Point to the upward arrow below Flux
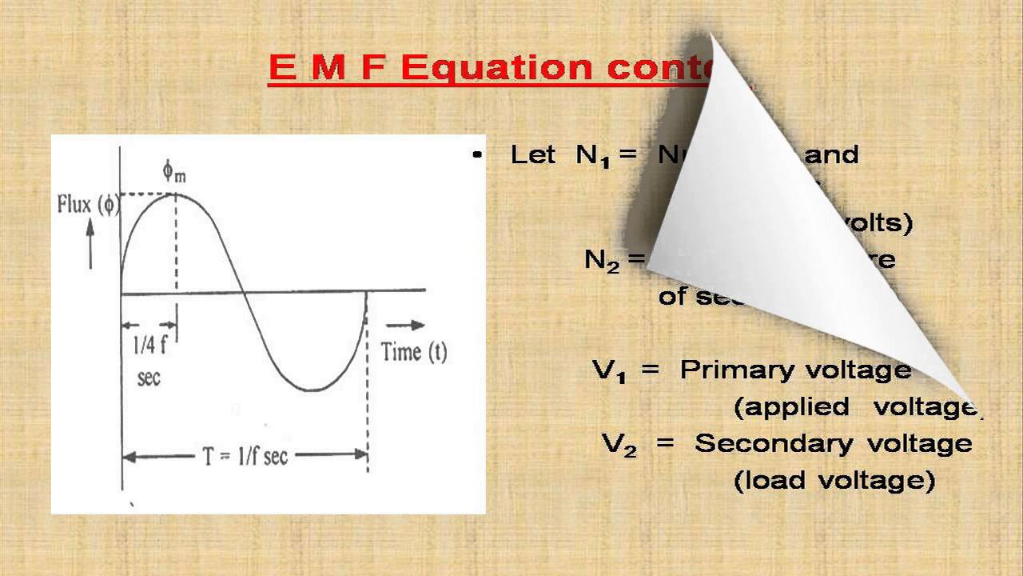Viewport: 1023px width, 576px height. point(90,243)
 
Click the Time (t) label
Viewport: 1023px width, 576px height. point(413,351)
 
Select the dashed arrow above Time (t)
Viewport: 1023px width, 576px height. point(405,325)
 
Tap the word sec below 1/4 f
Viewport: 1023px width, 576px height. point(149,376)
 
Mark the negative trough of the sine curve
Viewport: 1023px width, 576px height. point(312,390)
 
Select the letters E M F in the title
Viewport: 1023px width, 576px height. point(328,68)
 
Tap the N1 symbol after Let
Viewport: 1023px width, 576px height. point(592,155)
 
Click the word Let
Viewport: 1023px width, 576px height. point(532,154)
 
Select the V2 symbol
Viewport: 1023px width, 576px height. point(619,445)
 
